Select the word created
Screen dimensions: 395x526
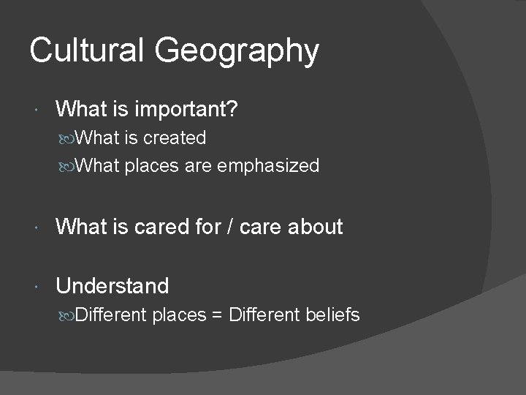click(175, 138)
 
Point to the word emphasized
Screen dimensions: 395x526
click(270, 166)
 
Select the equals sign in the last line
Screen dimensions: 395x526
click(218, 315)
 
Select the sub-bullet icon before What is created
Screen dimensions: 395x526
click(68, 138)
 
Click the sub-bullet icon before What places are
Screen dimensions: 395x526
click(68, 167)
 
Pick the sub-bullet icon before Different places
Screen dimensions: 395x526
click(68, 316)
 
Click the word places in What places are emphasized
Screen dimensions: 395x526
click(150, 167)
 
